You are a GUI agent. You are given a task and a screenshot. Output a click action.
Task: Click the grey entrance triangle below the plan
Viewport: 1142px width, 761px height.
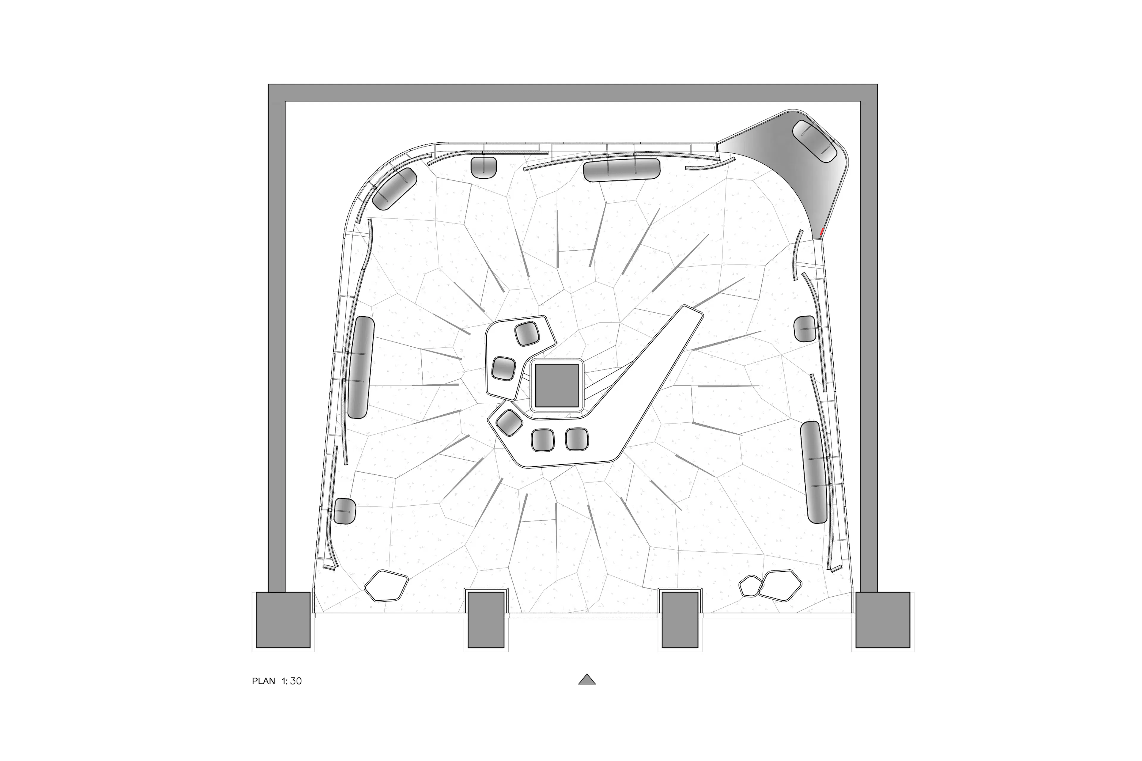(x=586, y=680)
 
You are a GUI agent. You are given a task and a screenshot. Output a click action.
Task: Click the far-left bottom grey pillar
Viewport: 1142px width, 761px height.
(x=283, y=620)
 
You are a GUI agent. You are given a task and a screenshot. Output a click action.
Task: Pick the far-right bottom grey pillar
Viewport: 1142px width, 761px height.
(x=882, y=620)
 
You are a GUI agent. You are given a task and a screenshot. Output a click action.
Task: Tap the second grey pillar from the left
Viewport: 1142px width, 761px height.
(x=486, y=620)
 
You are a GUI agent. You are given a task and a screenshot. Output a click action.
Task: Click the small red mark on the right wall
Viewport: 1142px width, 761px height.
(x=821, y=233)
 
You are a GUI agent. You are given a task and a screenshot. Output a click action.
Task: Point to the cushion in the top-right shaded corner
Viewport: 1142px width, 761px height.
(x=815, y=141)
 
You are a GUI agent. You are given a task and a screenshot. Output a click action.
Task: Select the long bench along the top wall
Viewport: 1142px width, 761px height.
(x=622, y=170)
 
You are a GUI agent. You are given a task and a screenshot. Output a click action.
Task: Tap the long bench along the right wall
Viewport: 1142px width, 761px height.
(x=814, y=472)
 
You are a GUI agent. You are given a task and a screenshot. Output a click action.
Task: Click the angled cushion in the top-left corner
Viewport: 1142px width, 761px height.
(x=395, y=189)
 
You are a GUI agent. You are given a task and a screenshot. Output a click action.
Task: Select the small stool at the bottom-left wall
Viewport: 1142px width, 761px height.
(x=344, y=511)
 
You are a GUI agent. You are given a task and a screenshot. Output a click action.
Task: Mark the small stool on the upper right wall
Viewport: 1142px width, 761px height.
(x=804, y=328)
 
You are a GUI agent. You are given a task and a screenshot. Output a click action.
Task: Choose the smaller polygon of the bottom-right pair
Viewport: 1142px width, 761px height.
(x=750, y=586)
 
